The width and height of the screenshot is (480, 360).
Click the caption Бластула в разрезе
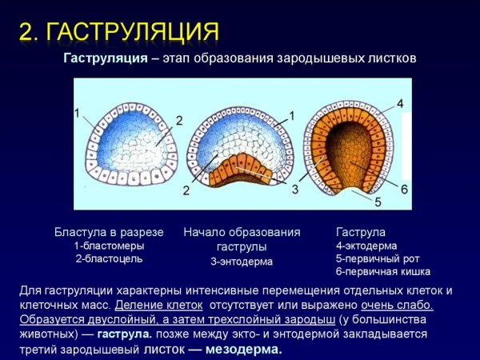pyautogui.click(x=109, y=232)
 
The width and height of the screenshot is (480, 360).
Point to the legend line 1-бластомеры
pyautogui.click(x=109, y=246)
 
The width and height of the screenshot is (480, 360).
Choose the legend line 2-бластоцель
pyautogui.click(x=109, y=258)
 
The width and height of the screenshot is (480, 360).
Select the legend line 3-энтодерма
pyautogui.click(x=242, y=261)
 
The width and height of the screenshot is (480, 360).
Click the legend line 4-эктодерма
pyautogui.click(x=366, y=246)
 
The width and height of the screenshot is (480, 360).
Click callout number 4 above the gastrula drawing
pyautogui.click(x=400, y=104)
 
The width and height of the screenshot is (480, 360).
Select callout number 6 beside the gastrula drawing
pyautogui.click(x=405, y=189)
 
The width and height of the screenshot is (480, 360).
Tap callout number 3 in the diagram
pyautogui.click(x=295, y=190)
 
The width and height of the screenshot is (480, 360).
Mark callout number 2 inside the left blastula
pyautogui.click(x=179, y=121)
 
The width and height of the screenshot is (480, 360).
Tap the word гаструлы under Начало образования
pyautogui.click(x=242, y=246)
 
